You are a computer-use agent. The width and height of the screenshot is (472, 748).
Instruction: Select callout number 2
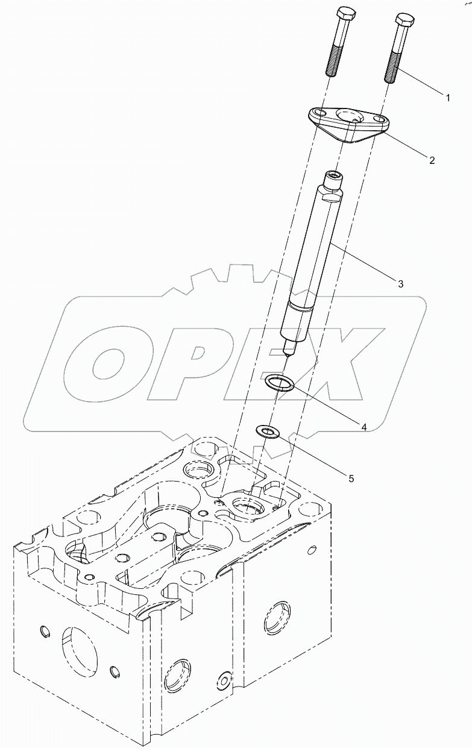click(432, 160)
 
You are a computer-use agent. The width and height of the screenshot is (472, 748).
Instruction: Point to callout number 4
click(364, 426)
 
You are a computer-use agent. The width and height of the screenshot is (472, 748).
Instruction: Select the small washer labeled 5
click(266, 432)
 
